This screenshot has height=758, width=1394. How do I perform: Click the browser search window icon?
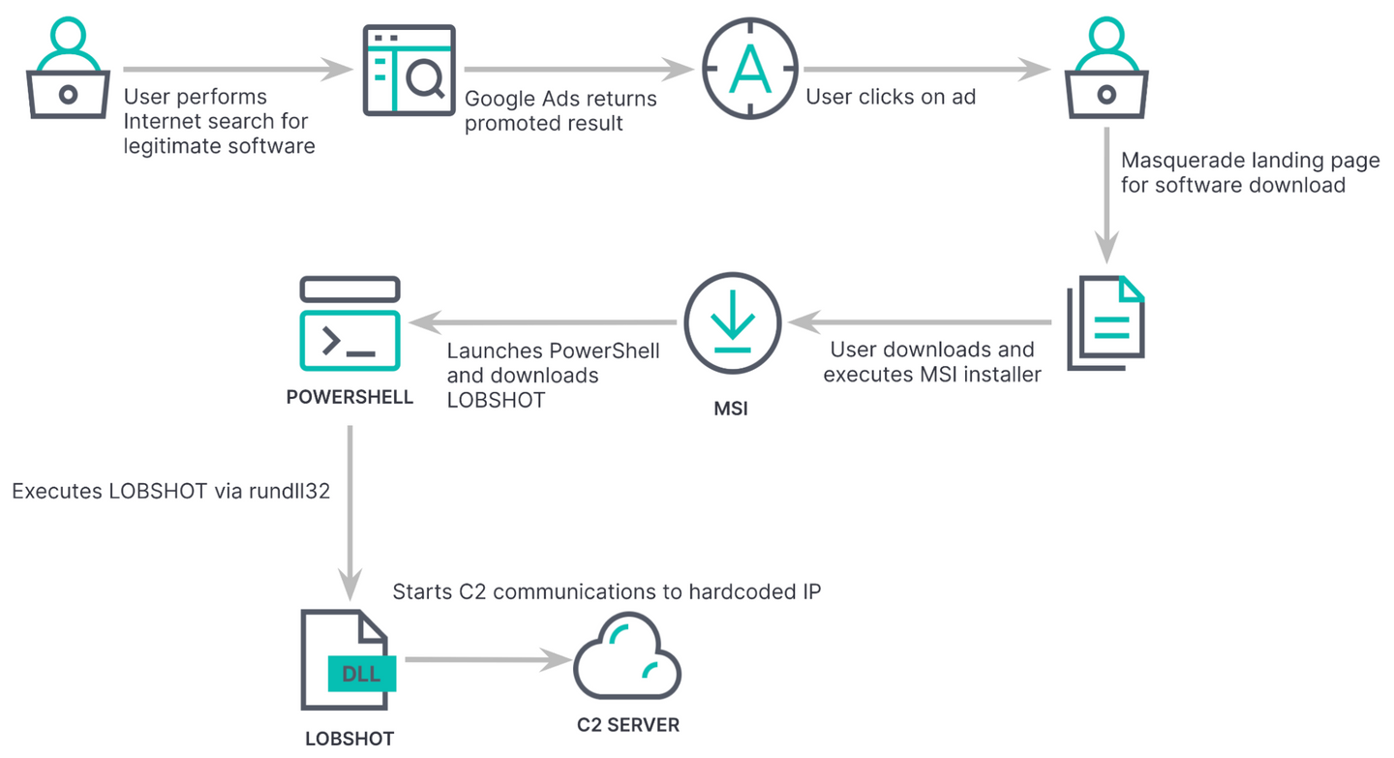tap(408, 70)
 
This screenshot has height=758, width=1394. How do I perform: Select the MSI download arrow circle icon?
tap(732, 323)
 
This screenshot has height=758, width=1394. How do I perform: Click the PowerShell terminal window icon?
tap(349, 323)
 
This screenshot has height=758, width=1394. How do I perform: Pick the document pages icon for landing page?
tap(1106, 323)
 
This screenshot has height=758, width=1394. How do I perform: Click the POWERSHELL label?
tap(349, 398)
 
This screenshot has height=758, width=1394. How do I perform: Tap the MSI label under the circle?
tap(730, 409)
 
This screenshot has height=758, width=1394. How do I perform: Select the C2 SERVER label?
tap(627, 725)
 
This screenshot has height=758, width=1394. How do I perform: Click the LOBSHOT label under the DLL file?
tap(349, 739)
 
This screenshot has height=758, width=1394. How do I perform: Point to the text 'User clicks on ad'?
tap(891, 97)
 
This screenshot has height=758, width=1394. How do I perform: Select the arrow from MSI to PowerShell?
tap(542, 321)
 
